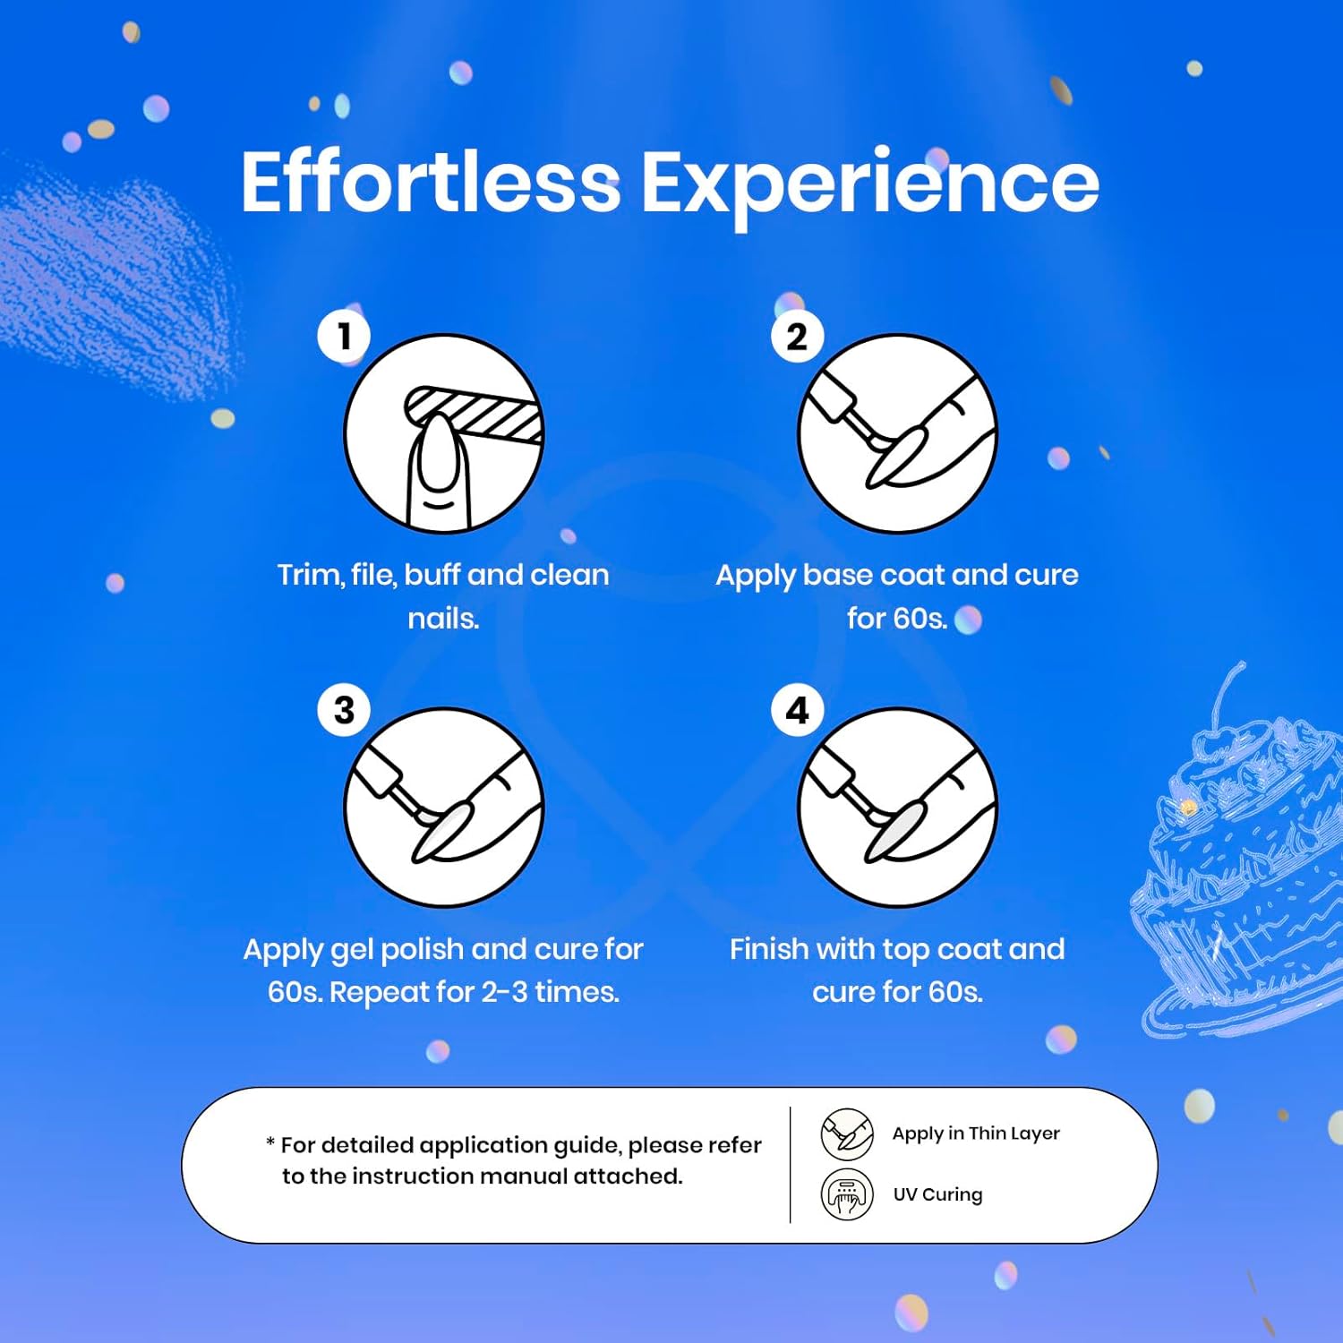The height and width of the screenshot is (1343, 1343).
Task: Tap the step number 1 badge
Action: [344, 337]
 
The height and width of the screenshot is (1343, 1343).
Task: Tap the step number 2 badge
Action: [797, 337]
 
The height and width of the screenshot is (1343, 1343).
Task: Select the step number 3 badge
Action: [344, 710]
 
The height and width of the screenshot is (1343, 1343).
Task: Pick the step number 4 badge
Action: [797, 710]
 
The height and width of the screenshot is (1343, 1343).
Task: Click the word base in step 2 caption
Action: [837, 575]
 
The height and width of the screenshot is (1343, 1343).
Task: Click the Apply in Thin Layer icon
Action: [847, 1133]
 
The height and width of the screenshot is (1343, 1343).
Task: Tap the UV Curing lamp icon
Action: [847, 1194]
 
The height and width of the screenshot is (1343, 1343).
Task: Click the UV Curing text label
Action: [937, 1194]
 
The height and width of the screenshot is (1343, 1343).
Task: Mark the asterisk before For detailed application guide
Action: [270, 1142]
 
